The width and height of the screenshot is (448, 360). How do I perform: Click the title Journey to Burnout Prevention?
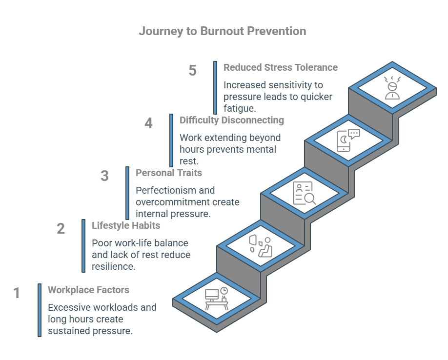tap(223, 31)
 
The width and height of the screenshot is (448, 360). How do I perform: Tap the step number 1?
tap(17, 293)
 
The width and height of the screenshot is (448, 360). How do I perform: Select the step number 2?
tap(61, 229)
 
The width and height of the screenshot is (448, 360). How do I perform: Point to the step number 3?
tap(104, 176)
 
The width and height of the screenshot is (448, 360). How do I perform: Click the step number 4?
tap(148, 123)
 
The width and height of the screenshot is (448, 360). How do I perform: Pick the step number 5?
tap(192, 71)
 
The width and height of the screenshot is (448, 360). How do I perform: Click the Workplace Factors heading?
tap(88, 290)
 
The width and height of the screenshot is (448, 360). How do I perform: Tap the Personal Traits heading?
tap(168, 173)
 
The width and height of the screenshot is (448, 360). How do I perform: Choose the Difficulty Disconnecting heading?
tap(231, 120)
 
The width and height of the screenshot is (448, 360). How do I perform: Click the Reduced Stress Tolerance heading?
tap(280, 67)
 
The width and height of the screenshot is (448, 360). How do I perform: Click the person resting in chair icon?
tap(261, 246)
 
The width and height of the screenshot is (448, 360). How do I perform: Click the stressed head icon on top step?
tap(392, 88)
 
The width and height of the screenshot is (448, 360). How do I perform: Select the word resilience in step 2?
tap(113, 266)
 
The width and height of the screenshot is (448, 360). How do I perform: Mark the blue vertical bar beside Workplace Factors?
tap(40, 310)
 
